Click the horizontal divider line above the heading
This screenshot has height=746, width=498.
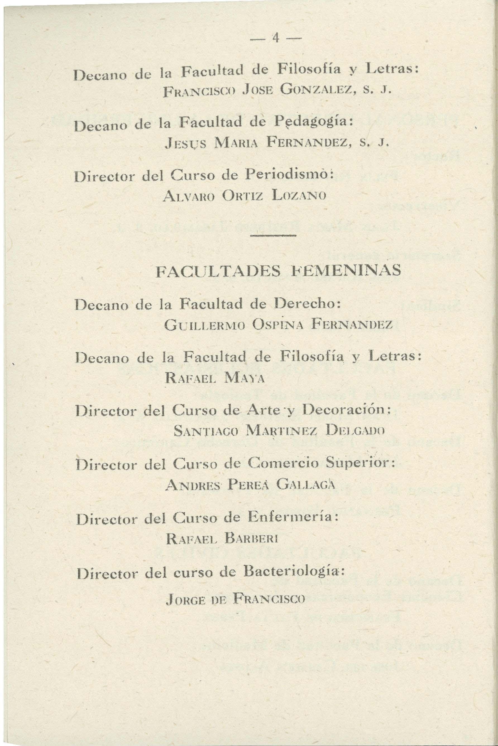pyautogui.click(x=274, y=235)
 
